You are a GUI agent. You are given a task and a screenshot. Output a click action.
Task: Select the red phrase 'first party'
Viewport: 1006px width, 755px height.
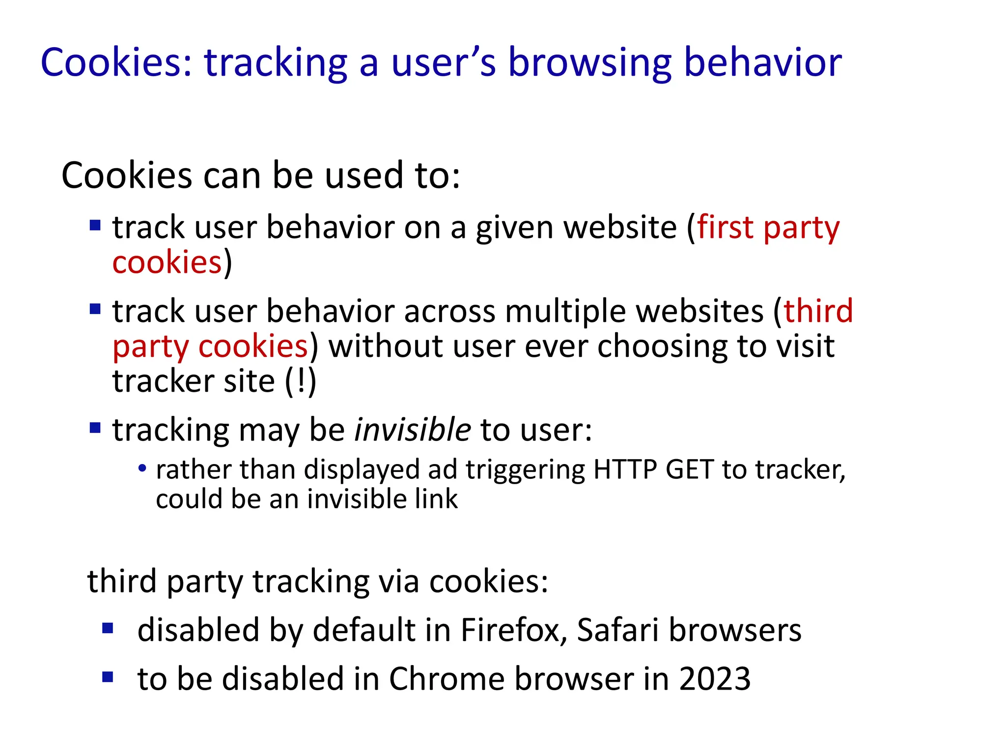point(768,228)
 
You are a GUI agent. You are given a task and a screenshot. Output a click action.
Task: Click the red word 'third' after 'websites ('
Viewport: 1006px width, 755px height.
point(818,311)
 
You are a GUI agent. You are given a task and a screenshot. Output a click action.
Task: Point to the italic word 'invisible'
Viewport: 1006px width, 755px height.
point(413,430)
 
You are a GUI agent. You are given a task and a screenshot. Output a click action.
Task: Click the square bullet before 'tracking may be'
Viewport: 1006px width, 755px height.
point(95,428)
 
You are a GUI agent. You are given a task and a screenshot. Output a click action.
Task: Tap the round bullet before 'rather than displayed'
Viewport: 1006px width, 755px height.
point(142,468)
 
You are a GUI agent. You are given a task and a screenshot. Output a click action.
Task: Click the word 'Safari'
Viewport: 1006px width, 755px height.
point(617,630)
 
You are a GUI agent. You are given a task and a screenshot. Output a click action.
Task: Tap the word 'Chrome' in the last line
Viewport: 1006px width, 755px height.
point(447,679)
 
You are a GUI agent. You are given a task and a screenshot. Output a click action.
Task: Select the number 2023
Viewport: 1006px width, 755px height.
point(715,679)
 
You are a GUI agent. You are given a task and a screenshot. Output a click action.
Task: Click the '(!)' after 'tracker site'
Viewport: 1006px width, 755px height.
point(301,381)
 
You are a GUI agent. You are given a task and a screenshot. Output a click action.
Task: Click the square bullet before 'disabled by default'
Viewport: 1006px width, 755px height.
point(108,628)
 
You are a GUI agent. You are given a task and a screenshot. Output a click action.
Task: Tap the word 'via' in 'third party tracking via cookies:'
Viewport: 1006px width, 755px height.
point(399,581)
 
